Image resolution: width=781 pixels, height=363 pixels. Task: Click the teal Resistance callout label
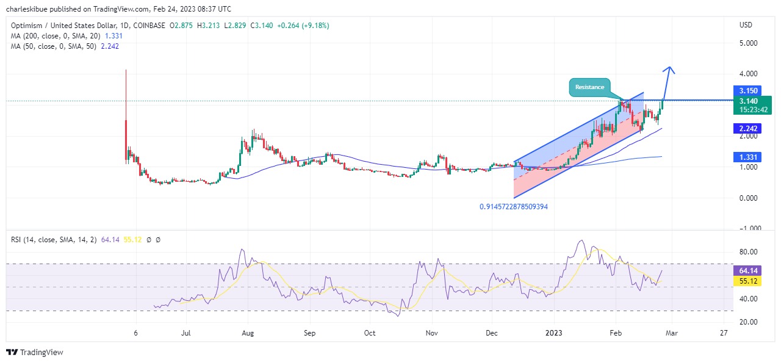(589, 87)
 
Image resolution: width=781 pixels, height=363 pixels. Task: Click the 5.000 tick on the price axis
(748, 43)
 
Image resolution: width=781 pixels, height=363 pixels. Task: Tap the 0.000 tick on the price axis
(748, 198)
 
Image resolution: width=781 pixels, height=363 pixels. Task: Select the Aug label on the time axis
(247, 334)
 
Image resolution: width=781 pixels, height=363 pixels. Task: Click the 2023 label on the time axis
(554, 334)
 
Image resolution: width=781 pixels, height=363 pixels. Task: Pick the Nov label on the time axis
(432, 334)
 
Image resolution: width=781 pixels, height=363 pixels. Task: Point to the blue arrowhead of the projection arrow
(669, 68)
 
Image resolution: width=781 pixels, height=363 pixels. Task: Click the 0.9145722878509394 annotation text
(513, 207)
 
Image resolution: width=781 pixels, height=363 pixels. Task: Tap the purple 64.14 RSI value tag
(748, 270)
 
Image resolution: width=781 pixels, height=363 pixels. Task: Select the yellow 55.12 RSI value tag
(748, 281)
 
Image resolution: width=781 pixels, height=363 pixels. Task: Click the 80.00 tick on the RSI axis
(748, 252)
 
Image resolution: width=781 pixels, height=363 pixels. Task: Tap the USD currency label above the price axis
(746, 25)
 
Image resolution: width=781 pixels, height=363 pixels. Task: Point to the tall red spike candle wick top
(126, 71)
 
